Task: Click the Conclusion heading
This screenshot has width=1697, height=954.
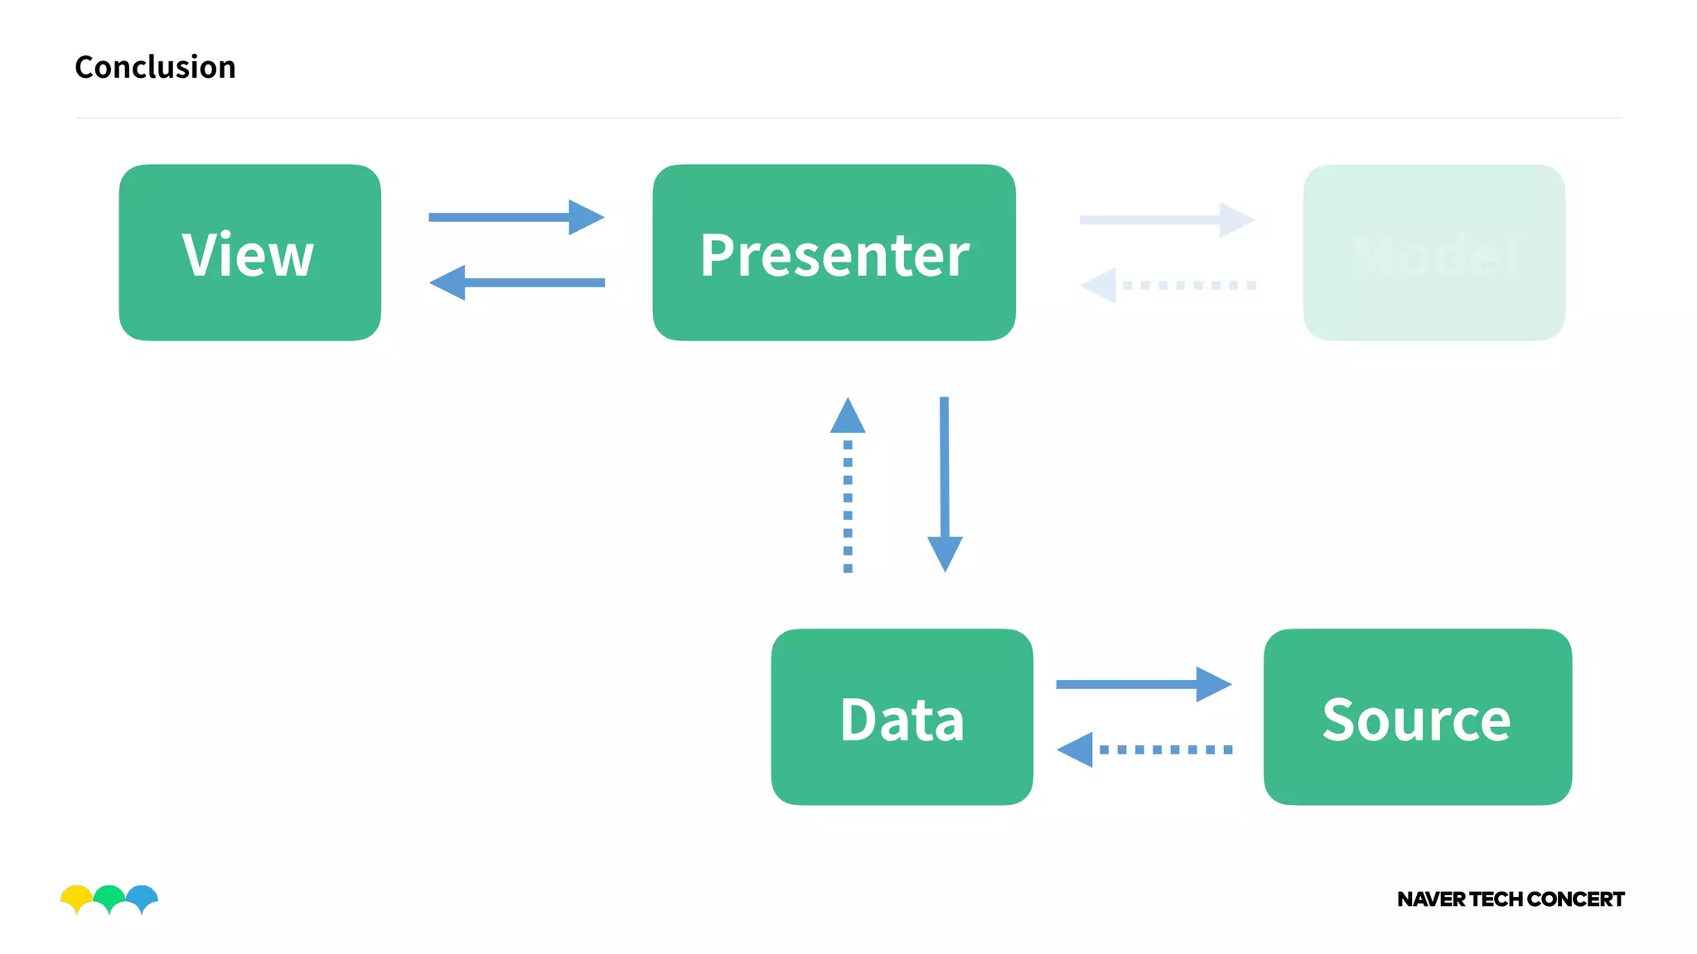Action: [x=155, y=67]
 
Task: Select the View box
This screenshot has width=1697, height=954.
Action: [x=249, y=253]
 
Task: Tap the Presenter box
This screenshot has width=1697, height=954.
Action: [x=834, y=253]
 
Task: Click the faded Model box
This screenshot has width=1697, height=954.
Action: [x=1434, y=253]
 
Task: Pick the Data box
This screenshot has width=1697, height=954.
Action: [x=902, y=717]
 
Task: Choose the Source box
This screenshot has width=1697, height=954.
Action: [x=1417, y=717]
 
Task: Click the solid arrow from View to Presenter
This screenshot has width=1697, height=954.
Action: [x=515, y=217]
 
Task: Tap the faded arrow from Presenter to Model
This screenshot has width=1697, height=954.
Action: [x=1166, y=219]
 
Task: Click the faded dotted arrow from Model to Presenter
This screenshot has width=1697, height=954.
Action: [x=1168, y=285]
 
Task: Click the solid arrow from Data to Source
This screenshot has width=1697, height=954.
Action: [x=1143, y=684]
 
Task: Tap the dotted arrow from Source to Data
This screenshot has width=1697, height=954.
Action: [x=1143, y=749]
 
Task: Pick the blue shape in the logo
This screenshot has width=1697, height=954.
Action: [x=143, y=896]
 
